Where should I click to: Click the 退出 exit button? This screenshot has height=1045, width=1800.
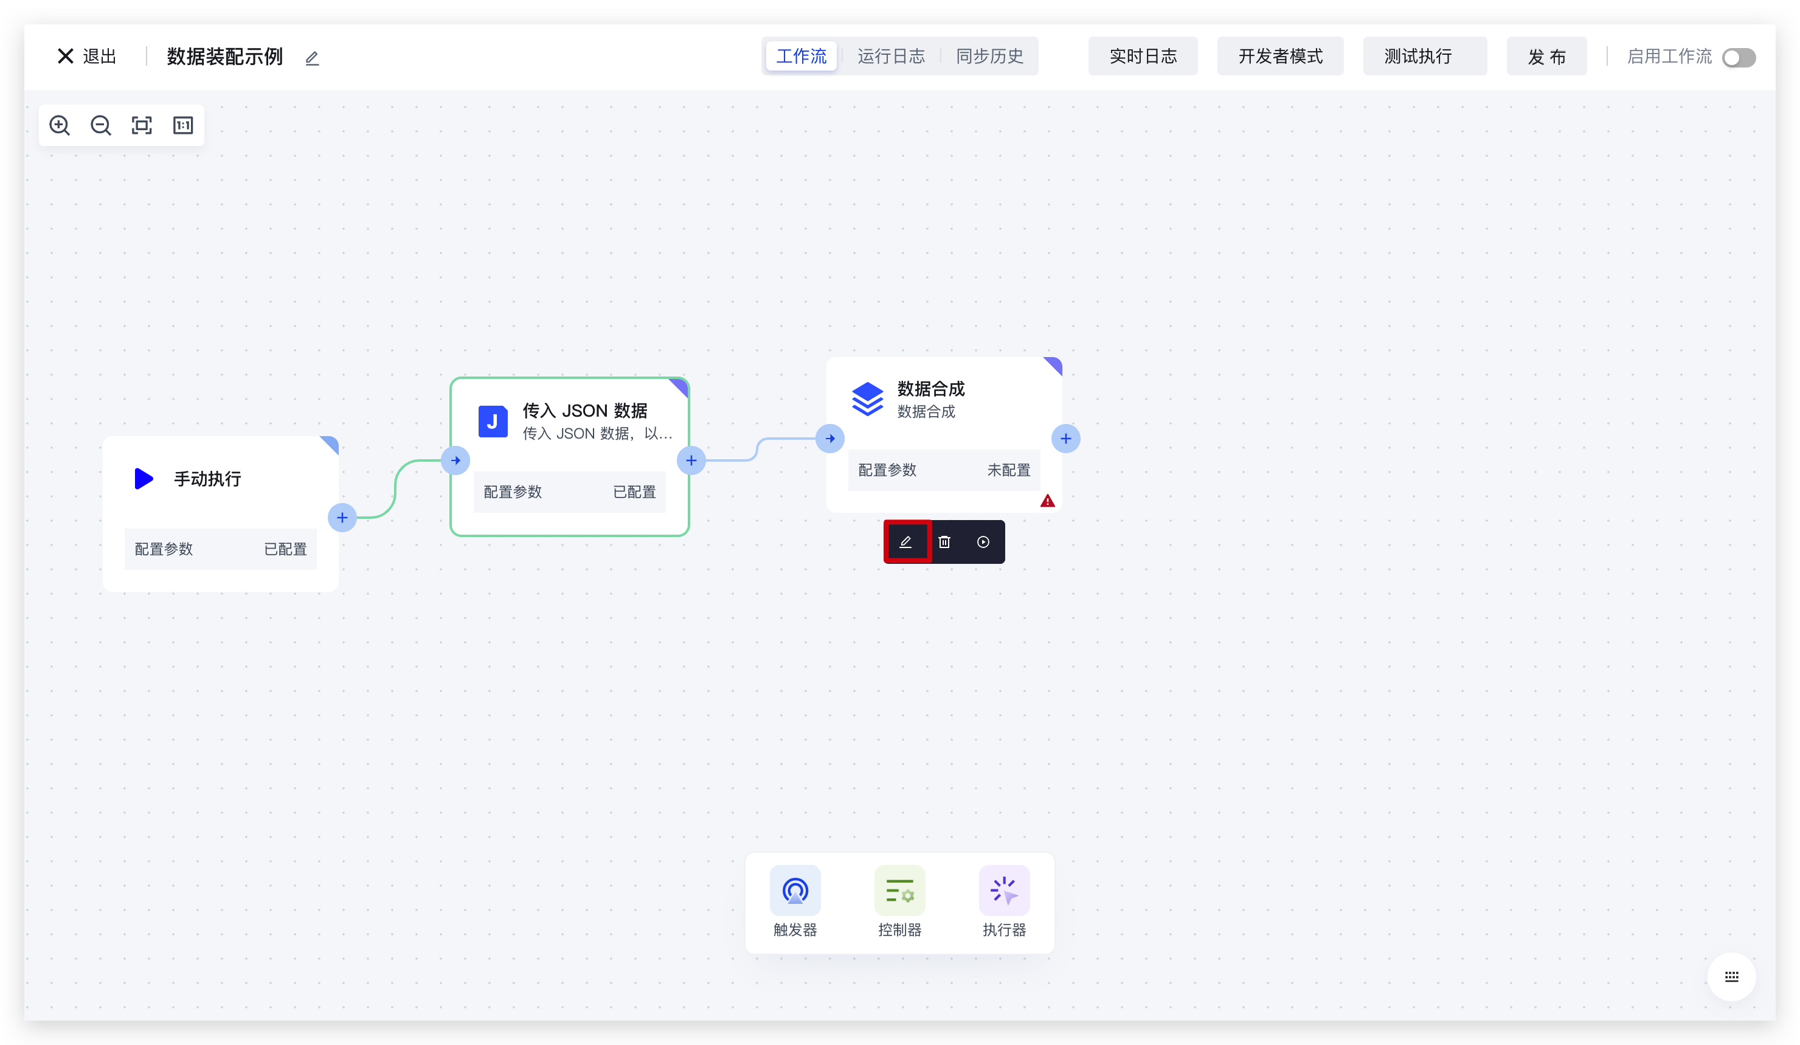coord(86,57)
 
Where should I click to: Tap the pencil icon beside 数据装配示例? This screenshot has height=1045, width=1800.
coord(312,58)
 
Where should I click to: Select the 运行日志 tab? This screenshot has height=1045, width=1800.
coord(891,57)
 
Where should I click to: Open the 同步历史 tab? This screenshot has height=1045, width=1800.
coord(989,57)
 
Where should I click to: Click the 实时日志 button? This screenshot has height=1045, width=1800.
coord(1142,57)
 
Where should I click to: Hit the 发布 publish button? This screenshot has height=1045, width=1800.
coord(1546,57)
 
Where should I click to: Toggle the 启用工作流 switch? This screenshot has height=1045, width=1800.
coord(1738,58)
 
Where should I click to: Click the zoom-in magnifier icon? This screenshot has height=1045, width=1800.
coord(59,126)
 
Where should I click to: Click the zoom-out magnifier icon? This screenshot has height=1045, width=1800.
coord(101,126)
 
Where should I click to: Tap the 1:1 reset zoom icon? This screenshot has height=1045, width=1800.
coord(183,126)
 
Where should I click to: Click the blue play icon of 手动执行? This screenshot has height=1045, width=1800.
coord(144,479)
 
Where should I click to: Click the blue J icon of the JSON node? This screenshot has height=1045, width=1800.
coord(493,422)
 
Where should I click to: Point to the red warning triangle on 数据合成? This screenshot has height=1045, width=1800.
coord(1047,501)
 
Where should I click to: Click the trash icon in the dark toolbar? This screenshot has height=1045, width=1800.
coord(944,542)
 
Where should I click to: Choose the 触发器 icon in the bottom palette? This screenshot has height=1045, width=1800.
coord(795,891)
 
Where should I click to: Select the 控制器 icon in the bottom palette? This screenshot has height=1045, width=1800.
coord(899,891)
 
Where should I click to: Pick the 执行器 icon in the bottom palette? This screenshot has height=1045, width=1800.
coord(1003,891)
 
